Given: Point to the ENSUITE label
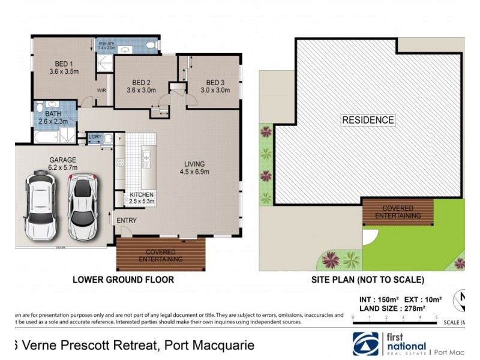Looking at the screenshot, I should (x=106, y=44).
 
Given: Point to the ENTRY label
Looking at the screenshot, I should (x=127, y=220).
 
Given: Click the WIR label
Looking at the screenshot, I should (x=102, y=91).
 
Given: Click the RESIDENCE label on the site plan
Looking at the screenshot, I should (x=368, y=120).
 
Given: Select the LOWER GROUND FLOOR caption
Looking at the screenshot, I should (x=123, y=280).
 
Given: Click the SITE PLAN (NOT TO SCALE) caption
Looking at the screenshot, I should (x=368, y=280).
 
